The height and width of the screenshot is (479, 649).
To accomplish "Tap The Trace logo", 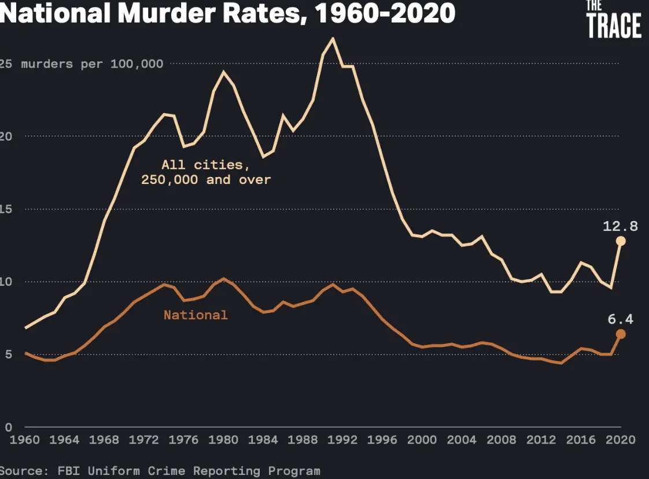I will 614,20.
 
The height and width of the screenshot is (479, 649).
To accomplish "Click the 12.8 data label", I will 620,226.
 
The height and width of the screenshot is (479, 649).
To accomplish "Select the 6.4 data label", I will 620,319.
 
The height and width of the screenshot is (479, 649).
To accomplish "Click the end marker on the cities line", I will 621,241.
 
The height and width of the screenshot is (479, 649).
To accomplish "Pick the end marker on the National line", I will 621,334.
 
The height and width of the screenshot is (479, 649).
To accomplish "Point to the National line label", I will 196,315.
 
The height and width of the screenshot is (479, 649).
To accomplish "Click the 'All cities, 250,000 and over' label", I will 206,172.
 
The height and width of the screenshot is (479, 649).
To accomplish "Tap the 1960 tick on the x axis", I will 25,440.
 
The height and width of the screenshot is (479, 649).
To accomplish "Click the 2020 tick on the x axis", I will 621,440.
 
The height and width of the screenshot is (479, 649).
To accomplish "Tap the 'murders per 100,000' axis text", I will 92,64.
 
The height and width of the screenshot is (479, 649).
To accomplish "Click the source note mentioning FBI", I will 160,470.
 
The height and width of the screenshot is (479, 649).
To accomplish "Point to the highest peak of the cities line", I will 333,39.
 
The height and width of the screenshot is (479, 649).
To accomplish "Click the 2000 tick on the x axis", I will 422,440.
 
